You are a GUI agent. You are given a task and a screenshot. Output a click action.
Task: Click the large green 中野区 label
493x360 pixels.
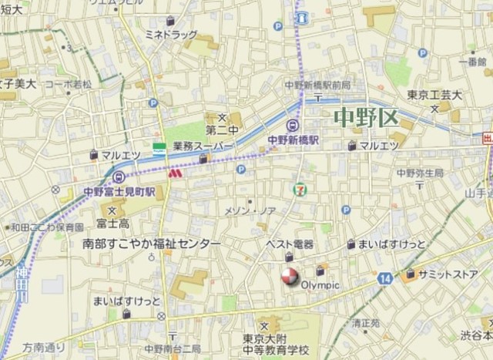point(366,118)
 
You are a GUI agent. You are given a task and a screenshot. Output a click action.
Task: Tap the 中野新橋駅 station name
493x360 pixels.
point(293,141)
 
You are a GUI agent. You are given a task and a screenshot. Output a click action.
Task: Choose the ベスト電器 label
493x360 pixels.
point(290,244)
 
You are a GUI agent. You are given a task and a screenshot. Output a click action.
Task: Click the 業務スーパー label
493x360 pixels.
point(203,145)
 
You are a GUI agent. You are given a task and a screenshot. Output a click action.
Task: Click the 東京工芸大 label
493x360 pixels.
point(434,96)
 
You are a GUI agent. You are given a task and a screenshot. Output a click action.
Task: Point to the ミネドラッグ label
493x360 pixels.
point(171,35)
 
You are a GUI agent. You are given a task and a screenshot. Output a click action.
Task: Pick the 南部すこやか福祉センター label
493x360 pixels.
point(151,244)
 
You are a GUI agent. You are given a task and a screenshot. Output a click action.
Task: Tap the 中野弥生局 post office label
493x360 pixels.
point(421,173)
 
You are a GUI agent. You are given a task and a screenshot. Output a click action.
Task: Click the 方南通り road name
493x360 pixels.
point(44,348)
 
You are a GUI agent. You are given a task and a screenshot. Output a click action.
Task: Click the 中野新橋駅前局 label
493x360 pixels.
point(317,84)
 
